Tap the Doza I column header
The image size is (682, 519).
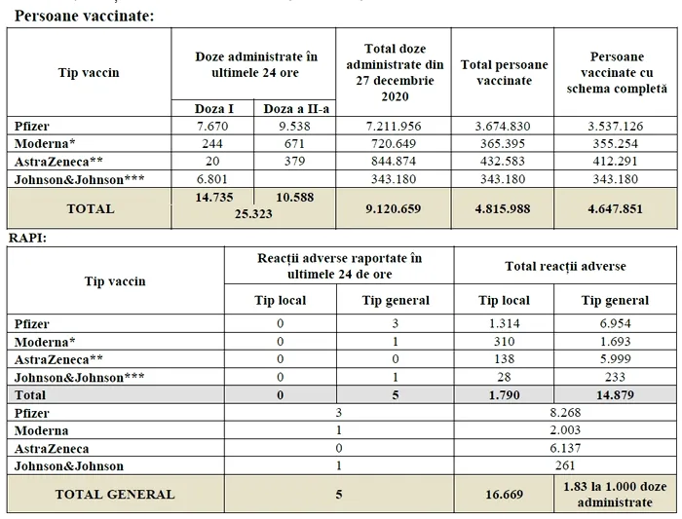[211, 108]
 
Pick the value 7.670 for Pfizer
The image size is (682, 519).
[211, 126]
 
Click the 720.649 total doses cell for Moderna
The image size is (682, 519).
[393, 143]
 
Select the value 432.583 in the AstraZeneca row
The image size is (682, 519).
[503, 161]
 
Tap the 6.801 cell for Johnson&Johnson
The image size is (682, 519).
[211, 179]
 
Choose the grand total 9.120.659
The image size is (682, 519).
[393, 208]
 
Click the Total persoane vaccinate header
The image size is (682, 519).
[503, 72]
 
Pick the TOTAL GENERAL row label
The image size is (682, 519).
[115, 494]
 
